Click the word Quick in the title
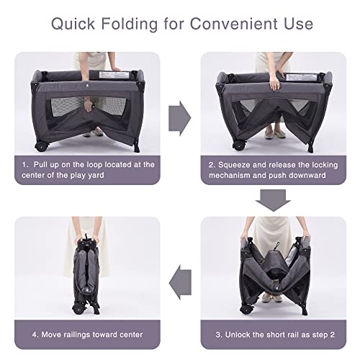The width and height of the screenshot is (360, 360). click(73, 24)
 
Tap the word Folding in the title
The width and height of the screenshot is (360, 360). click(130, 24)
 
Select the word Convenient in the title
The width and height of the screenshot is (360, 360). click(234, 24)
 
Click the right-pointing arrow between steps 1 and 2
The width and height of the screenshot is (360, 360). click(180, 118)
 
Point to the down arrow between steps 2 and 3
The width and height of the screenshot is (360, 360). click(273, 200)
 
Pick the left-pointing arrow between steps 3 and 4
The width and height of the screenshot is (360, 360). click(180, 282)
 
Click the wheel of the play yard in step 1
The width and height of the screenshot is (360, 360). click(40, 146)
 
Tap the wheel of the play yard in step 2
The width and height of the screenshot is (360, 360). click(239, 145)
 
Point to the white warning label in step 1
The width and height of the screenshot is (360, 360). click(114, 75)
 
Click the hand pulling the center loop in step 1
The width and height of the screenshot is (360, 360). click(88, 106)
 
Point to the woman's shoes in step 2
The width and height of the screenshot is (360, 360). click(275, 134)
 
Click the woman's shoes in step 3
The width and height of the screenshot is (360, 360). click(271, 298)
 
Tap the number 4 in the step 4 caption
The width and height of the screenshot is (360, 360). click(35, 335)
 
